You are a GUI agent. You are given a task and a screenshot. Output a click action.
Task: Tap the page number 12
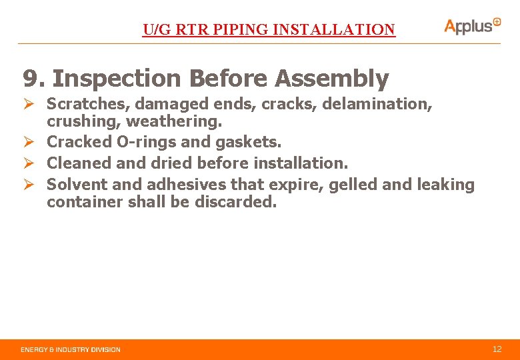pos(497,349)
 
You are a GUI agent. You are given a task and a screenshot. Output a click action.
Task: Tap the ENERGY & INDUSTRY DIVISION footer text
pos(71,349)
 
